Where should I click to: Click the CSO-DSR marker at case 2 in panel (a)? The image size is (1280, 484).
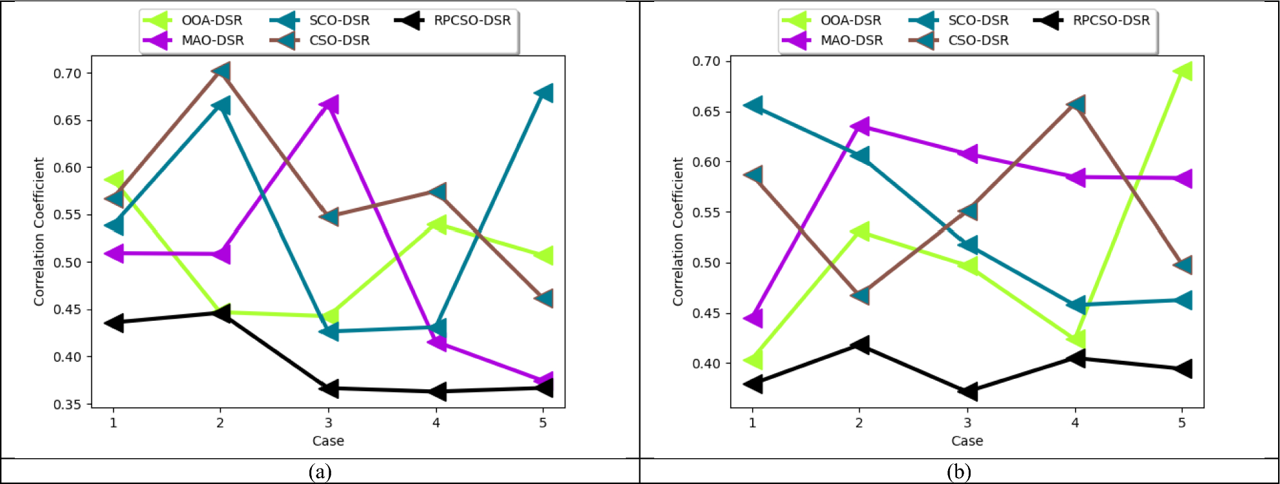click(x=222, y=72)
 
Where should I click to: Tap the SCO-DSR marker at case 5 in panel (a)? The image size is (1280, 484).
click(x=544, y=93)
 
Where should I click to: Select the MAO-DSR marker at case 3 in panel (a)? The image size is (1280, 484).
click(x=329, y=104)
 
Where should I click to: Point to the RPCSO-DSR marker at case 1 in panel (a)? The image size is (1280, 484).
click(x=115, y=322)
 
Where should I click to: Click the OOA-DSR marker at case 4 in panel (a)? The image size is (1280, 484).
click(x=437, y=225)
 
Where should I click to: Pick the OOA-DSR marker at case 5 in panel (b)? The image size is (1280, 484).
click(x=1183, y=71)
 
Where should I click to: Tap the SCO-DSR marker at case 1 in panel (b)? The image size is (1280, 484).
click(x=753, y=105)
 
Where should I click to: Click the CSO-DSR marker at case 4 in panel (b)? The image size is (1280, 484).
click(x=1076, y=105)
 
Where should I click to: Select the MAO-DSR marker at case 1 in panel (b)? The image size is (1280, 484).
click(x=753, y=318)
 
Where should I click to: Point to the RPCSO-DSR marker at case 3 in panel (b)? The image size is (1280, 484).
click(x=968, y=391)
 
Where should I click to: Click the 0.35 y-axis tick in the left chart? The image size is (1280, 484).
click(x=67, y=405)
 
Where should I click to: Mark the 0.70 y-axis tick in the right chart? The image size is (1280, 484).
click(x=706, y=61)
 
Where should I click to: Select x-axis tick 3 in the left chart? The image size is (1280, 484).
click(x=329, y=423)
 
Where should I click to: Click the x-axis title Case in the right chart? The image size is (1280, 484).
click(x=967, y=441)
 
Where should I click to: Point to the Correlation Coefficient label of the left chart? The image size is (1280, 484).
click(x=39, y=232)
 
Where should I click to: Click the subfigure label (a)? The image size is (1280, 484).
click(x=320, y=472)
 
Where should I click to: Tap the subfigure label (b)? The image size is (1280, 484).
click(x=959, y=472)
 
